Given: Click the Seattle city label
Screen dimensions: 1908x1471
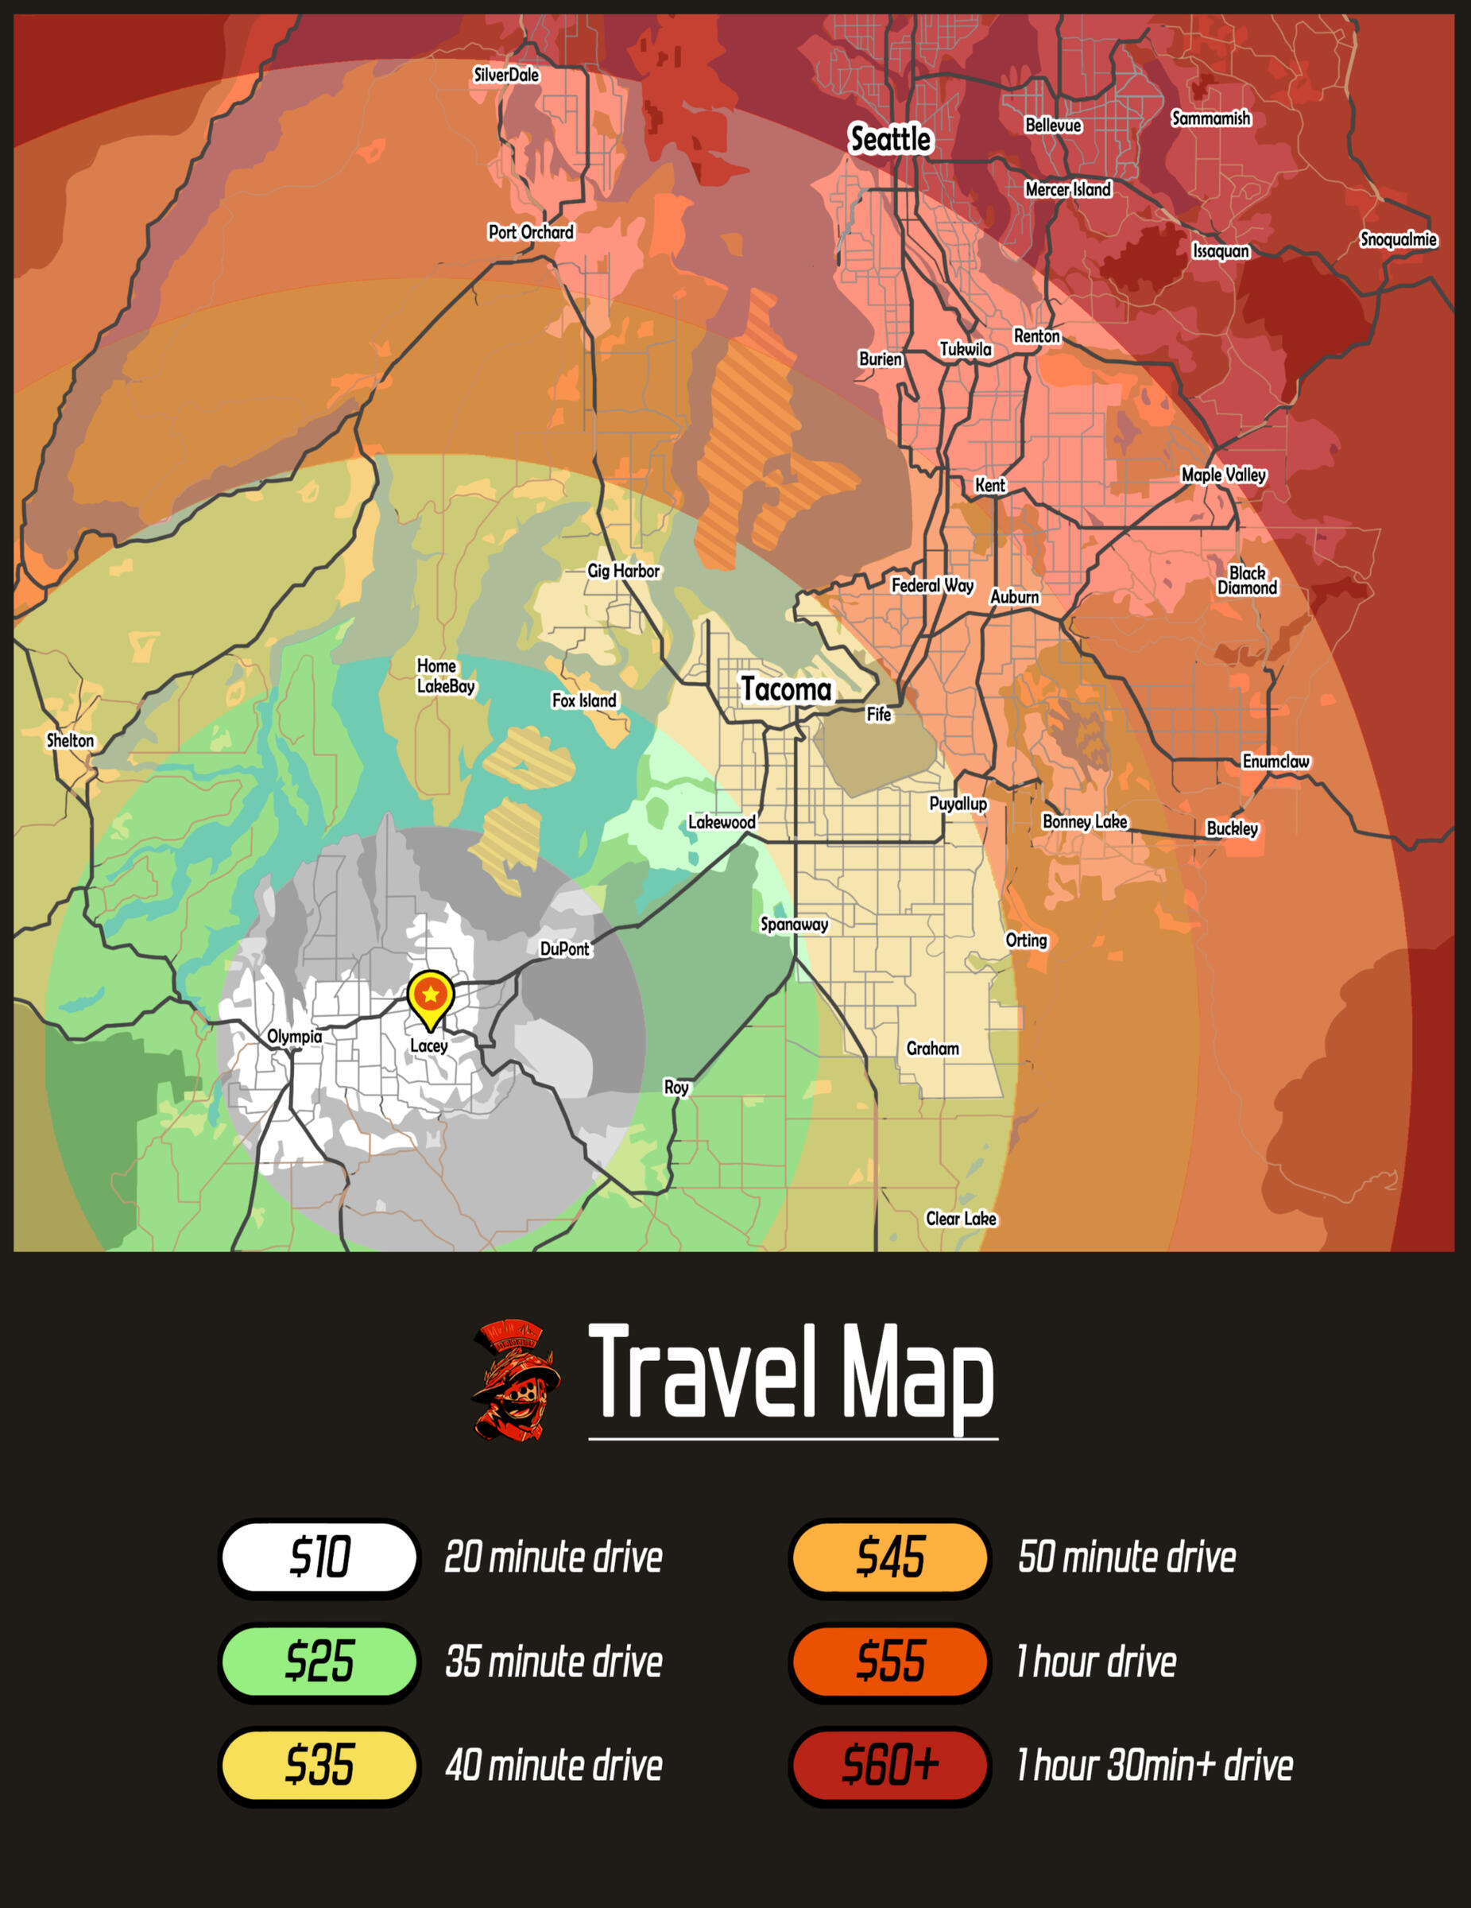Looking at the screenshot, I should (x=890, y=139).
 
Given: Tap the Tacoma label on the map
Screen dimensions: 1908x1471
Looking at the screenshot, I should (x=786, y=689).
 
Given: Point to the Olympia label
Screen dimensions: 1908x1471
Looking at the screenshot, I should (x=294, y=1036).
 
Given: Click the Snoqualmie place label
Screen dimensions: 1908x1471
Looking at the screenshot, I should (x=1398, y=239).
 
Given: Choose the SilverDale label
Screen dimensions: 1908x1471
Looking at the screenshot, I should (x=505, y=76).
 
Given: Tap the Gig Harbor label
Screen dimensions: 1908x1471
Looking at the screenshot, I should (x=623, y=571).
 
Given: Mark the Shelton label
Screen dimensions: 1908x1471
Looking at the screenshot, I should (x=70, y=741).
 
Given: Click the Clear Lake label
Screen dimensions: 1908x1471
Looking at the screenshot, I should (x=961, y=1219).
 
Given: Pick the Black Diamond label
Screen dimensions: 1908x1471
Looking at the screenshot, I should (x=1248, y=580).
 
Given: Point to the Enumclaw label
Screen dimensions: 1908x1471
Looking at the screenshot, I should (x=1276, y=761).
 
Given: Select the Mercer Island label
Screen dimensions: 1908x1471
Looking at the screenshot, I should (x=1067, y=188).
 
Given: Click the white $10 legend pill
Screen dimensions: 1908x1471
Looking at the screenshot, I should (x=319, y=1556).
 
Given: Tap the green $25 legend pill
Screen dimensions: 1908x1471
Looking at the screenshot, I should (x=319, y=1661).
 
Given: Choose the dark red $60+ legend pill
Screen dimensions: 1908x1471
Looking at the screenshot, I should (x=890, y=1764).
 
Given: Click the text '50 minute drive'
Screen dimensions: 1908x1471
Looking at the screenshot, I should (x=1127, y=1557).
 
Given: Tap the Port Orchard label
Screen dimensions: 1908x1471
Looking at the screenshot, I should (x=531, y=231).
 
